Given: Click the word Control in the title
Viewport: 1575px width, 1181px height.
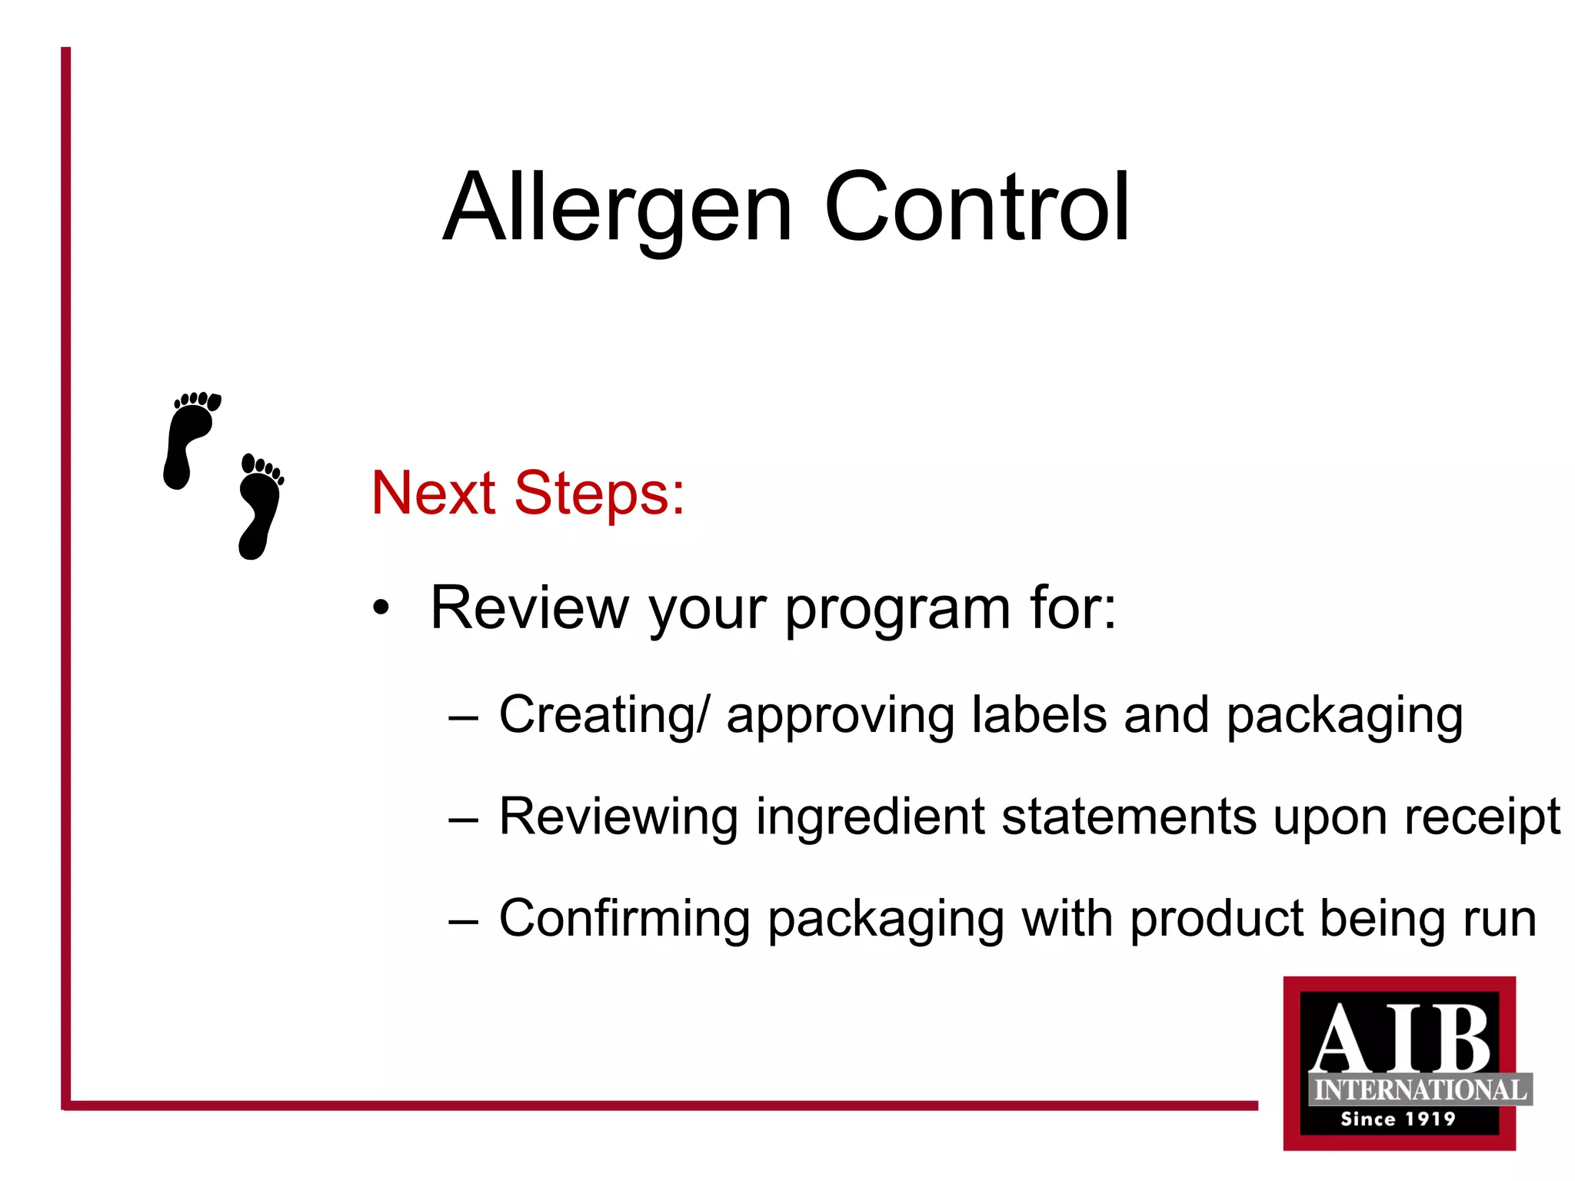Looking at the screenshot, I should pos(977,208).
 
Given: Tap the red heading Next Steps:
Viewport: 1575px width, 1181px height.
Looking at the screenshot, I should pos(528,493).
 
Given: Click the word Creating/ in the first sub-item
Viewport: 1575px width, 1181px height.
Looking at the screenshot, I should pos(605,715).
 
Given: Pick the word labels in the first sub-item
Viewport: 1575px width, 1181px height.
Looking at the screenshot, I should pos(1039,715).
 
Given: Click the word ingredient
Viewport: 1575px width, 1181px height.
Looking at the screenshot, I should pos(870,817).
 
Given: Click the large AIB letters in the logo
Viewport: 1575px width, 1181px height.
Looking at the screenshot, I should pos(1400,1038).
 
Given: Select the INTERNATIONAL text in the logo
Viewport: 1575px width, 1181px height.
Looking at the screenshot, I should pos(1420,1090).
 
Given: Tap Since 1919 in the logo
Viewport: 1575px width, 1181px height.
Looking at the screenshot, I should pos(1398,1119).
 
